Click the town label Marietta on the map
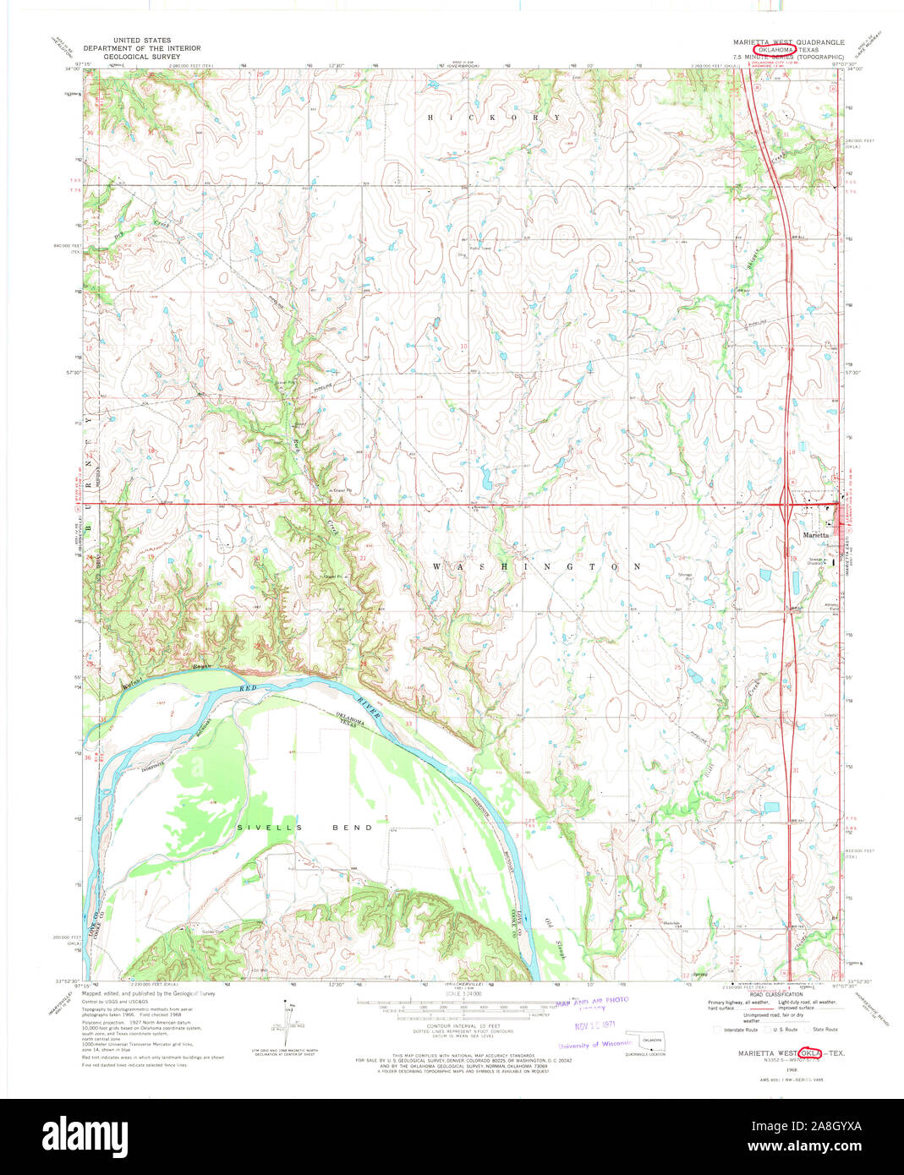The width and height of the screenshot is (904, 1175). pos(815,535)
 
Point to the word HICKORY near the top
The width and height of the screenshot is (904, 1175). pos(494,117)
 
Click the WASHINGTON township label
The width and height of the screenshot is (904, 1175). pos(536,566)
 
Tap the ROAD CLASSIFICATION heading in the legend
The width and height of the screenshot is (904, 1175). pos(774,995)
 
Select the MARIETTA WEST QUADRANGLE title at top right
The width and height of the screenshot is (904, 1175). pos(788,41)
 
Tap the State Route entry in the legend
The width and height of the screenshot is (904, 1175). pos(825,1029)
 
